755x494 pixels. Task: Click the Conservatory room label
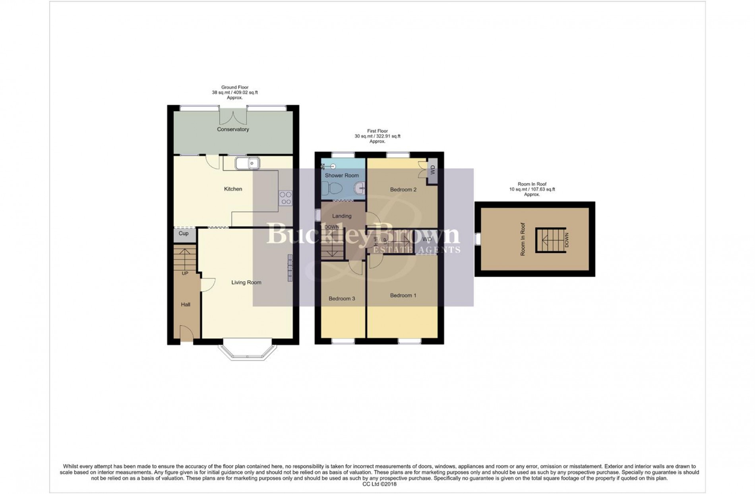pyautogui.click(x=233, y=129)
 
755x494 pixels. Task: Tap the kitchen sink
pyautogui.click(x=247, y=163)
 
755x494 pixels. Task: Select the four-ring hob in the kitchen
pyautogui.click(x=286, y=198)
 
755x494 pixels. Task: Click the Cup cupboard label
pyautogui.click(x=184, y=233)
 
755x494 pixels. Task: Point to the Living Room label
pyautogui.click(x=246, y=282)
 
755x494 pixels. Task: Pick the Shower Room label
pyautogui.click(x=342, y=175)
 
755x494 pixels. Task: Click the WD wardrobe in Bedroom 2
pyautogui.click(x=432, y=171)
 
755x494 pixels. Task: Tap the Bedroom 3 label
pyautogui.click(x=342, y=299)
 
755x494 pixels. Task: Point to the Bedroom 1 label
pyautogui.click(x=403, y=295)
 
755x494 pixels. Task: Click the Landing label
pyautogui.click(x=342, y=216)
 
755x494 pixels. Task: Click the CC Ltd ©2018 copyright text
pyautogui.click(x=379, y=484)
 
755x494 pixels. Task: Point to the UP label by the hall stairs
pyautogui.click(x=185, y=274)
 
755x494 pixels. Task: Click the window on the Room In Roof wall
pyautogui.click(x=478, y=239)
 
